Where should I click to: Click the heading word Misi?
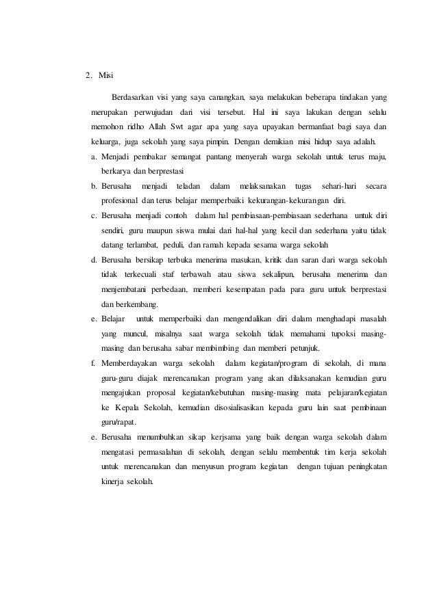click(108, 75)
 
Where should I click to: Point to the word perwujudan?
click(153, 111)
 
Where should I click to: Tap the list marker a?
click(94, 157)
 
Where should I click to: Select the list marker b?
click(94, 187)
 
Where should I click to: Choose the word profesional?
click(121, 201)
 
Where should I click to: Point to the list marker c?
click(94, 216)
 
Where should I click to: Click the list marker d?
click(94, 260)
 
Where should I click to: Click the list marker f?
click(94, 363)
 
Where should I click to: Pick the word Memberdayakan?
click(137, 363)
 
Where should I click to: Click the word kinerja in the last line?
click(112, 480)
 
